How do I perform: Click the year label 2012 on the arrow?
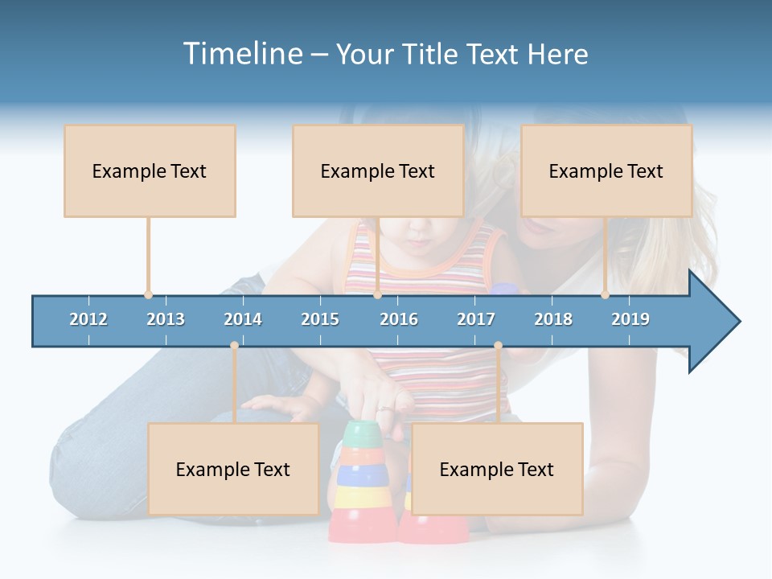click(x=88, y=319)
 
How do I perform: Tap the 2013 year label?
click(x=166, y=319)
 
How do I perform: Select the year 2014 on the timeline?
click(x=243, y=319)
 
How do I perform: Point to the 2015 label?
click(x=320, y=319)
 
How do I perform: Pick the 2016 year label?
click(x=399, y=319)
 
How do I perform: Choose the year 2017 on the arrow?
click(x=476, y=319)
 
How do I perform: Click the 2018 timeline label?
click(x=553, y=319)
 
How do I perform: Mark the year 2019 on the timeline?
click(x=630, y=319)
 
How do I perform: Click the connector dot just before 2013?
click(x=148, y=295)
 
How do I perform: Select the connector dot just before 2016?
click(x=377, y=295)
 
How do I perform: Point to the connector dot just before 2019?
click(x=605, y=295)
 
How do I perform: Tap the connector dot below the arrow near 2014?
click(x=234, y=345)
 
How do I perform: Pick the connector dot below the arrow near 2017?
click(x=498, y=345)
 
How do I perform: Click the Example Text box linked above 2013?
click(x=150, y=170)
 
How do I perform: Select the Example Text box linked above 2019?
click(x=606, y=170)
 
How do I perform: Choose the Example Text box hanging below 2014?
click(x=233, y=469)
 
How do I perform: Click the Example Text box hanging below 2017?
click(x=497, y=469)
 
